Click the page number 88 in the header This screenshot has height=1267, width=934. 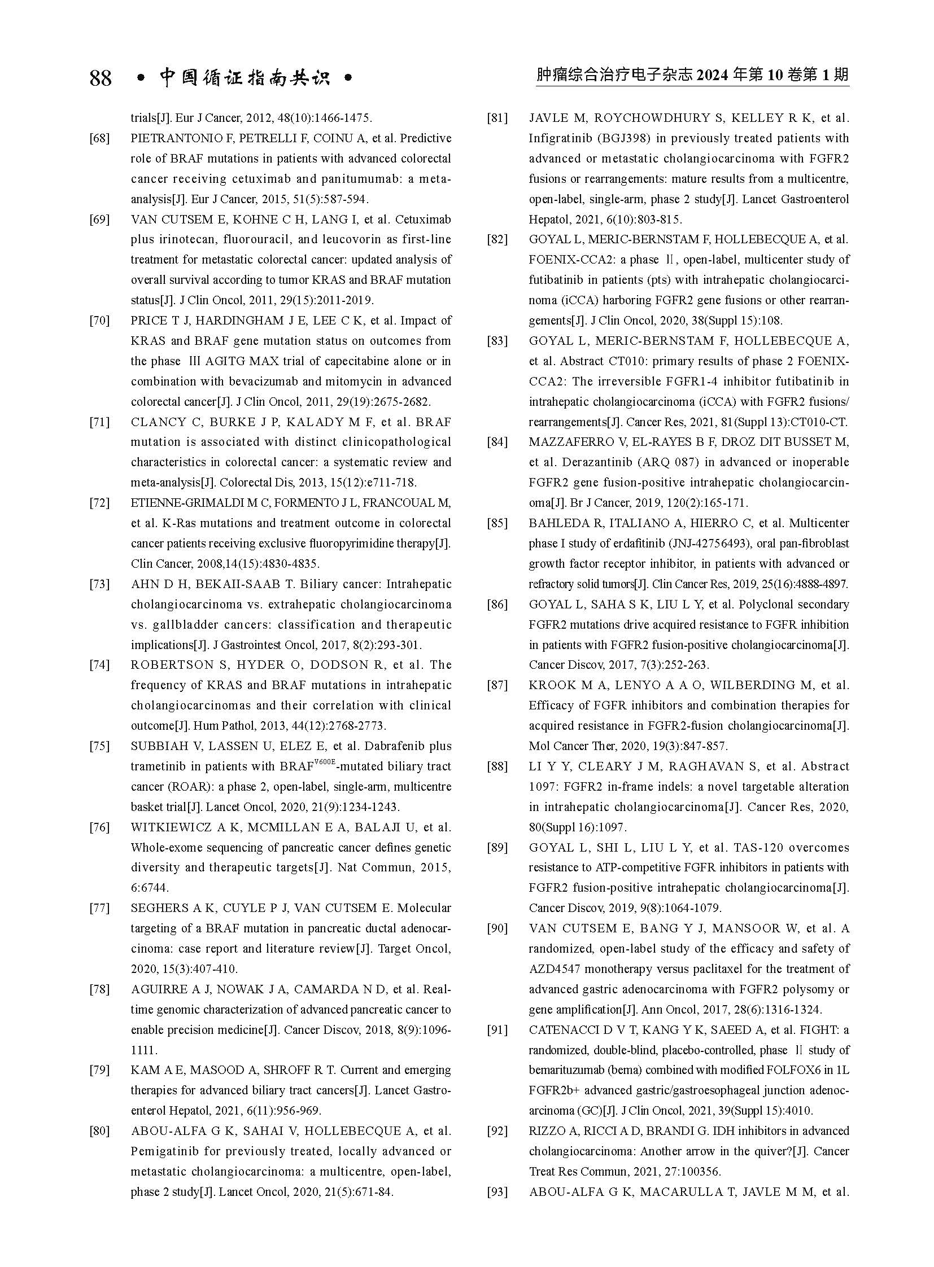[x=101, y=77]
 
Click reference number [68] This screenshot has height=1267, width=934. [x=99, y=138]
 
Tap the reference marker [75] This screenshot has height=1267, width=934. [x=99, y=746]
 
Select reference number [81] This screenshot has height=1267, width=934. [x=497, y=118]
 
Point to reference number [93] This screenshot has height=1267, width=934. [x=497, y=1193]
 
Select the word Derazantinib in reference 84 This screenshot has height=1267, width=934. [x=597, y=462]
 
